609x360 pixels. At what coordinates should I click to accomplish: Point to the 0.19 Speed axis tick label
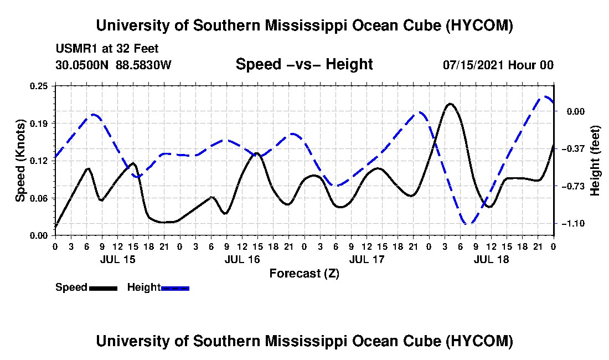(38, 124)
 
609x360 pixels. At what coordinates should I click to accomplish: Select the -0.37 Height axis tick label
(575, 149)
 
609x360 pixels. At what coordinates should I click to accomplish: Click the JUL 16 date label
(242, 259)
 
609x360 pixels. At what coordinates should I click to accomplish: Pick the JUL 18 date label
(491, 259)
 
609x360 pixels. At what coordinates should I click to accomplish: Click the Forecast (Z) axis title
(304, 274)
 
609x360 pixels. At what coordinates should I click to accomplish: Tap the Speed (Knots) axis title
(20, 161)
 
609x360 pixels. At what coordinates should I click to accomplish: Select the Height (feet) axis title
(595, 161)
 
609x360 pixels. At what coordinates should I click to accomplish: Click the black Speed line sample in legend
(103, 289)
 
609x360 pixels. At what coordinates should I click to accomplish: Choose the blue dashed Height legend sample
(175, 289)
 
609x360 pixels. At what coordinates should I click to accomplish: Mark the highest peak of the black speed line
(450, 104)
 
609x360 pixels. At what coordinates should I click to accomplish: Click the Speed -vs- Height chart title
(304, 64)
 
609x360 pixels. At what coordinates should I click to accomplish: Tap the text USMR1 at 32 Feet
(107, 49)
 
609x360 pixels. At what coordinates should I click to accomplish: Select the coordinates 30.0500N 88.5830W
(113, 65)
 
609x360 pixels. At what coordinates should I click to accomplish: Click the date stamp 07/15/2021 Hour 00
(498, 65)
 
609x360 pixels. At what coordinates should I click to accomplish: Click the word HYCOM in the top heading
(479, 25)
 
